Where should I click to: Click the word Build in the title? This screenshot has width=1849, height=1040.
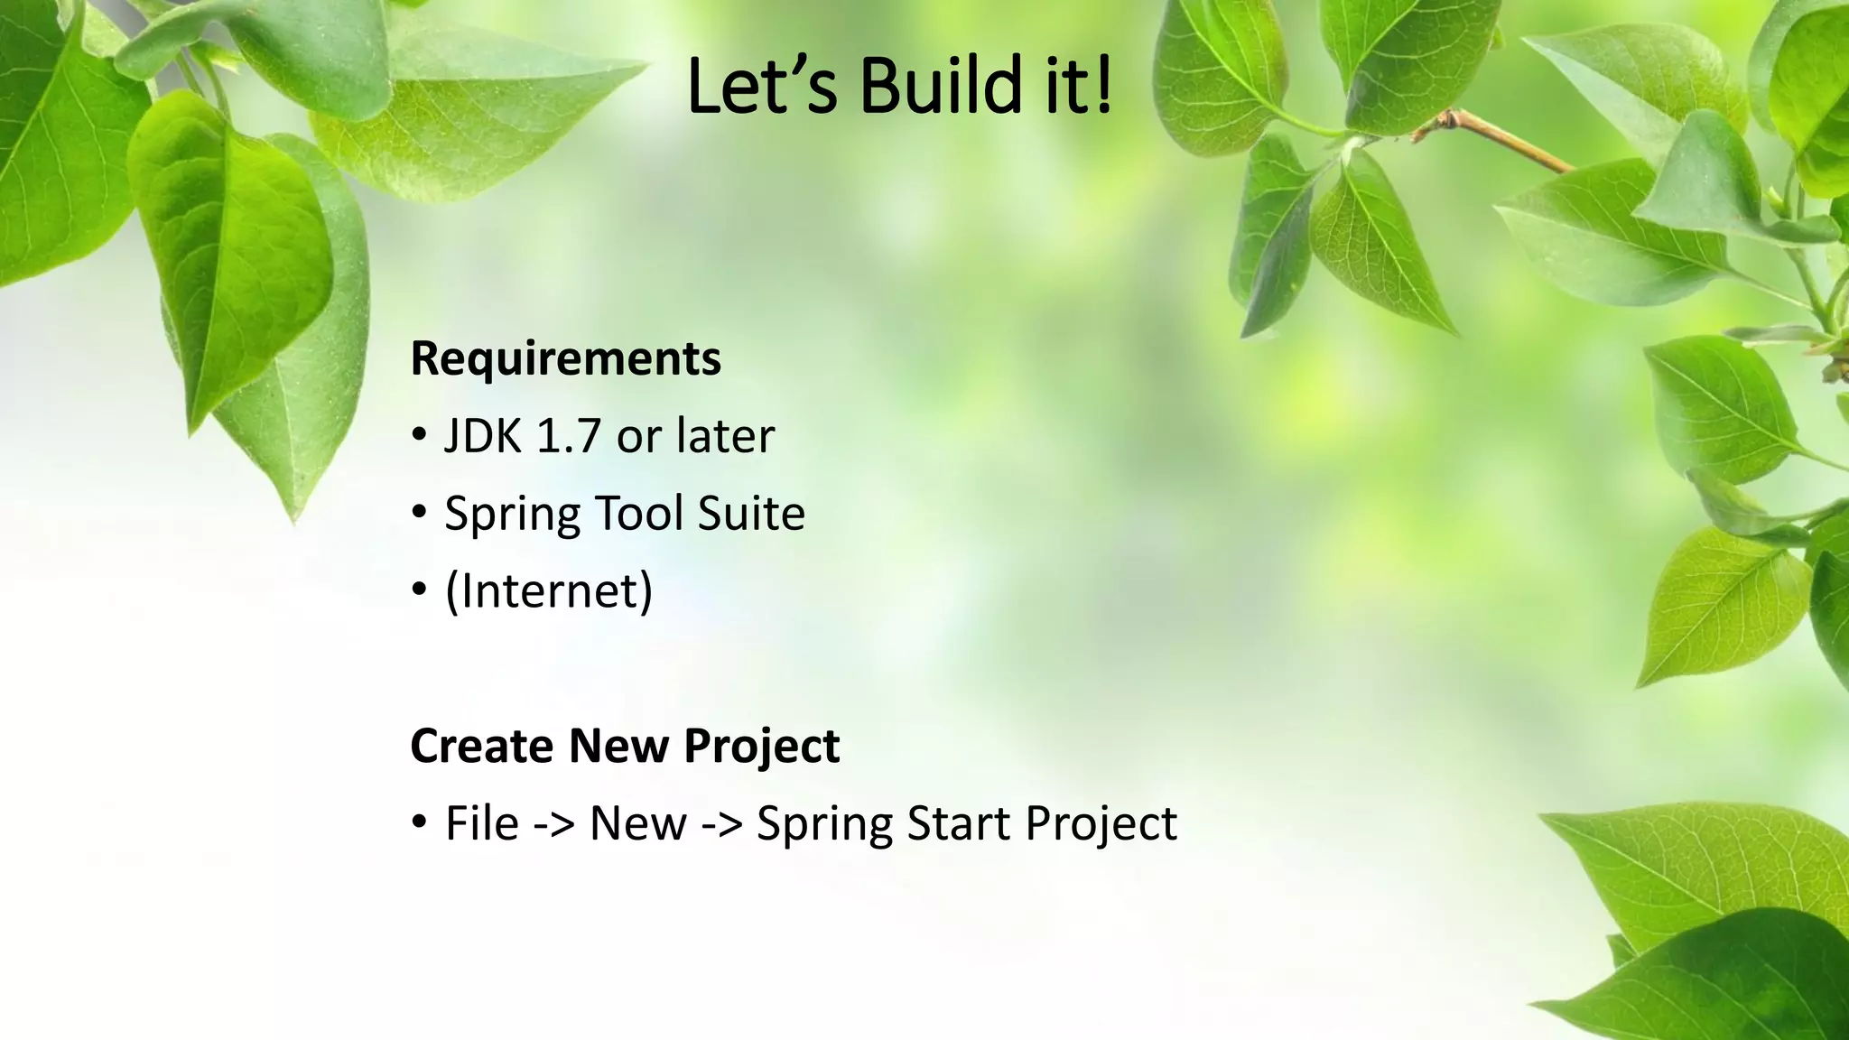click(x=940, y=86)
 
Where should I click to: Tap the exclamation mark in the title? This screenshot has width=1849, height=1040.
click(x=1103, y=86)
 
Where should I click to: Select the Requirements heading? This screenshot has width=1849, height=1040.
click(x=565, y=358)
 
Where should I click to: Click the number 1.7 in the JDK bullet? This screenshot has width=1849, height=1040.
click(x=568, y=436)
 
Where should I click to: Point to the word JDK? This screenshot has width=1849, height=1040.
click(x=483, y=436)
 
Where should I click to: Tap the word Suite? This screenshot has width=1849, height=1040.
click(x=750, y=514)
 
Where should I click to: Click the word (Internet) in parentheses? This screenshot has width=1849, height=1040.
click(x=549, y=591)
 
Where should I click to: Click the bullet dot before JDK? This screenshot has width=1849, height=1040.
click(x=419, y=436)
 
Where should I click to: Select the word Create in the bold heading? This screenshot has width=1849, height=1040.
click(x=481, y=747)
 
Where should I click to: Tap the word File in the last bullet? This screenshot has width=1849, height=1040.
click(x=482, y=823)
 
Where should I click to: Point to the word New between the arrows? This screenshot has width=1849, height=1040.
click(x=637, y=823)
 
